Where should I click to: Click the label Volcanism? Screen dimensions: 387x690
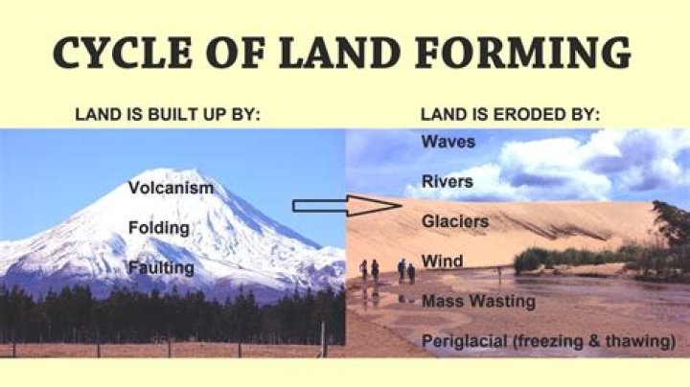[171, 188]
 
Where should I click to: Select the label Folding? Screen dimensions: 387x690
[158, 228]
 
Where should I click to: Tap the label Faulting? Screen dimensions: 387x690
[161, 267]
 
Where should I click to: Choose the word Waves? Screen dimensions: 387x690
[448, 142]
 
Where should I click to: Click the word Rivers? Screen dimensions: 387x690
[448, 181]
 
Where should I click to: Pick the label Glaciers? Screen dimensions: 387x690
[455, 221]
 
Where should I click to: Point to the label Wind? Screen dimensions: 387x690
[442, 261]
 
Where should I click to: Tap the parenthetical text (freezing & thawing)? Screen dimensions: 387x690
[592, 341]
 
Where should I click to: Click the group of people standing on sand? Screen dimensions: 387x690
[388, 270]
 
